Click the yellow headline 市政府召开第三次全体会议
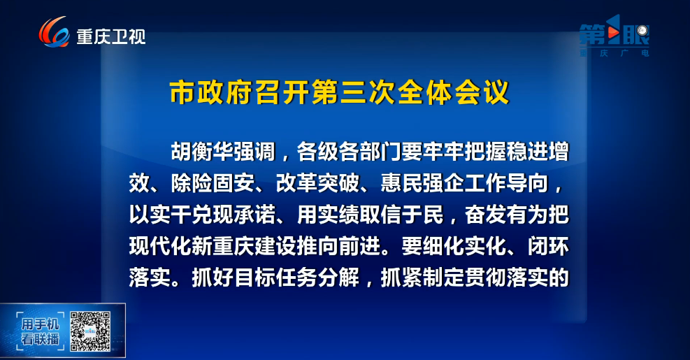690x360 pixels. [339, 92]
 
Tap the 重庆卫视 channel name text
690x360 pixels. [111, 36]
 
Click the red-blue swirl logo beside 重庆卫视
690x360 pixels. [54, 31]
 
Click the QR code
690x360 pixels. [90, 331]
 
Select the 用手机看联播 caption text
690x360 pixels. [40, 331]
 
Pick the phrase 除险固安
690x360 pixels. [213, 183]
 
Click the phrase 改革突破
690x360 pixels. [317, 183]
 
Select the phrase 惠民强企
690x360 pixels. [422, 183]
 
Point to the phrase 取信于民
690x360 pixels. [401, 215]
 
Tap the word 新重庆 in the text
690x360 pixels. [223, 247]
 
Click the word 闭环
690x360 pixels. [548, 247]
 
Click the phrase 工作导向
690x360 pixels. [507, 183]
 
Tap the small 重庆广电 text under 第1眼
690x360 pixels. [614, 53]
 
